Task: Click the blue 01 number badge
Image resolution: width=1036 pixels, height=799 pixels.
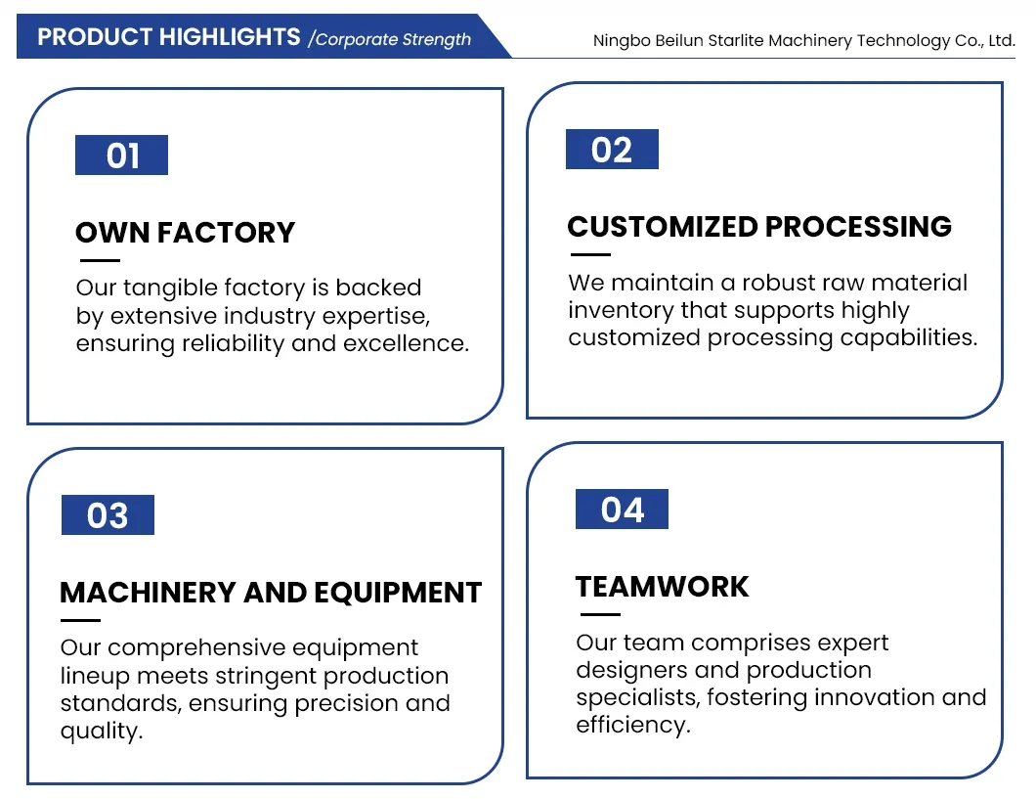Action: [121, 155]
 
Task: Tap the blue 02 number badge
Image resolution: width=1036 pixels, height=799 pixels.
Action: [612, 150]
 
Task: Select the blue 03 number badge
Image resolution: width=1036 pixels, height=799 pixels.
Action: [108, 514]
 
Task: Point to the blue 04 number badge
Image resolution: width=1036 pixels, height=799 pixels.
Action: [622, 509]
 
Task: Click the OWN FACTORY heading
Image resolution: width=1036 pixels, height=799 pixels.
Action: [185, 233]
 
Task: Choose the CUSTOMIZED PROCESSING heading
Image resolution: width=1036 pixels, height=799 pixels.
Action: [759, 227]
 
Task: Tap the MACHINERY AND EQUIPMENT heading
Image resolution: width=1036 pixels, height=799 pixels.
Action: [271, 592]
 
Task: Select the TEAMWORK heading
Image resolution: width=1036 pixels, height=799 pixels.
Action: [662, 587]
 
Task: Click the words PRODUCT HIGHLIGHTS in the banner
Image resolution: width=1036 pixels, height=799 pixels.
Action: [168, 37]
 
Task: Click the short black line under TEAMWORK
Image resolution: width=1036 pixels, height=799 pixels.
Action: [601, 614]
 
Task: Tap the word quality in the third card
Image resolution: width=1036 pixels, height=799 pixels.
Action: [101, 731]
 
